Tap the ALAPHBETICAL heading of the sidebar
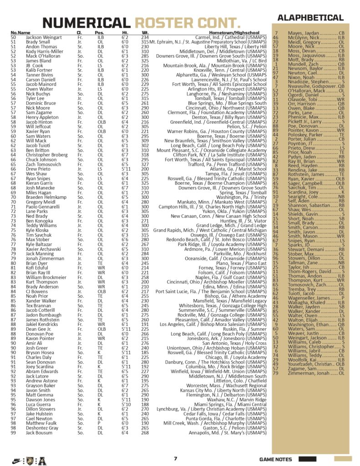[x=317, y=18]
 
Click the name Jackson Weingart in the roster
[x=44, y=37]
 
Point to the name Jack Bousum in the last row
[x=40, y=433]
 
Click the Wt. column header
[x=146, y=33]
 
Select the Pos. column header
[x=99, y=33]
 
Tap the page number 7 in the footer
[x=175, y=459]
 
